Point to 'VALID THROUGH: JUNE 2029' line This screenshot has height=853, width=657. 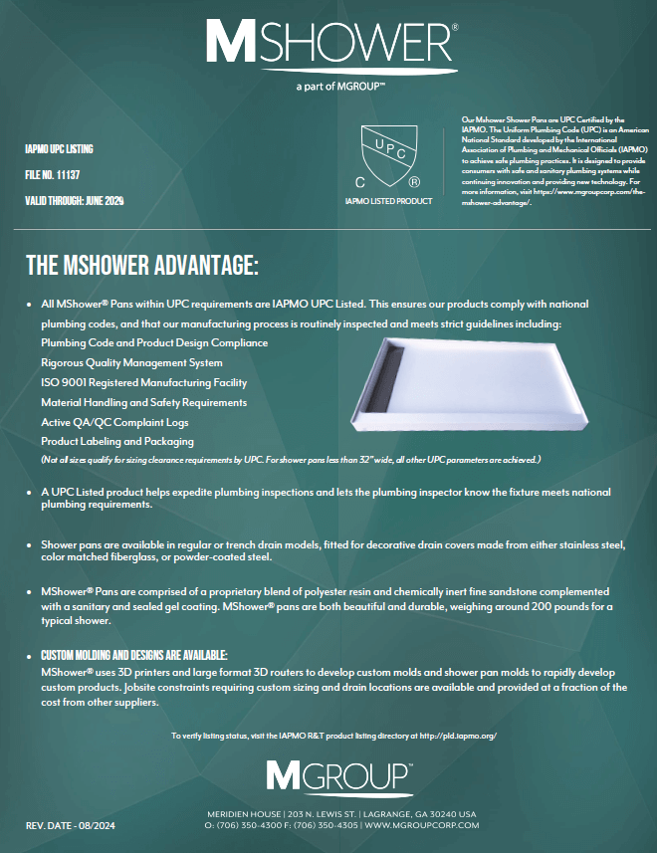75,200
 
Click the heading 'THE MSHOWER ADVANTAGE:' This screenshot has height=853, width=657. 142,266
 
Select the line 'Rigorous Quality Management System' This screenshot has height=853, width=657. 131,362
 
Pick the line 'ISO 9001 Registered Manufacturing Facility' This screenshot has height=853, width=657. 143,382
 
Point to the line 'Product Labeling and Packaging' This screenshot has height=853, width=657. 117,441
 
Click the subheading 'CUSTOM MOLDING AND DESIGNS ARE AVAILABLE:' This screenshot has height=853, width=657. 134,655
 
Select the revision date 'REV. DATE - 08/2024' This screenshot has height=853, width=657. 72,826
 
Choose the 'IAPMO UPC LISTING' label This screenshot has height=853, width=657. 59,148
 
